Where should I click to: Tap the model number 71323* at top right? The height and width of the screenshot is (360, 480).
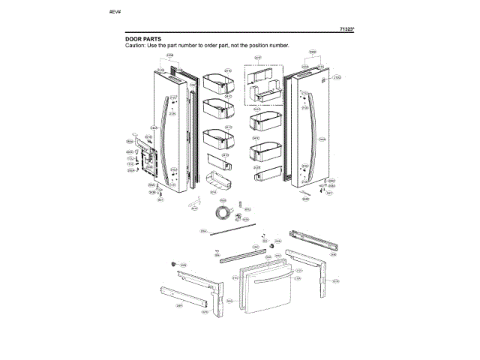[x=346, y=28]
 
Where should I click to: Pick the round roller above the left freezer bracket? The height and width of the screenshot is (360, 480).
[x=174, y=263]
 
